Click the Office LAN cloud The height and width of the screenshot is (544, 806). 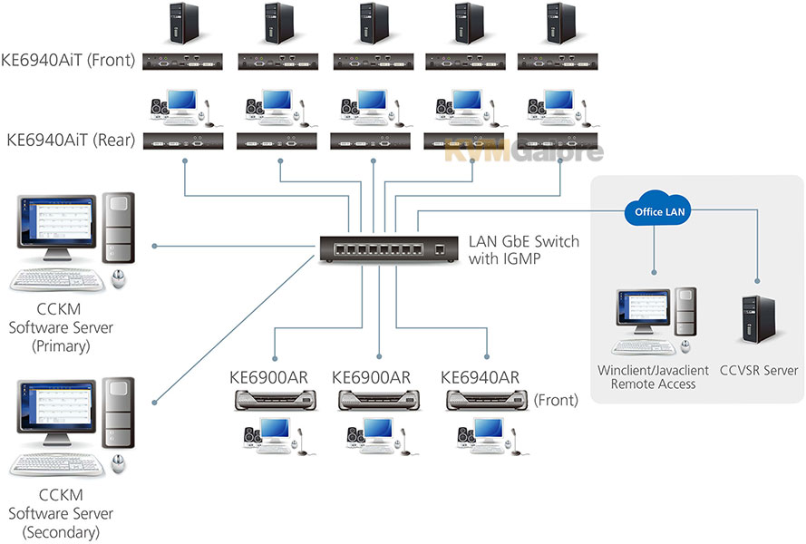point(659,209)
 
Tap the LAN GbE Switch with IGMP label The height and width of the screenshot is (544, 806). point(523,250)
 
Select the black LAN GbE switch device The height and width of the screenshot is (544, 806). point(389,250)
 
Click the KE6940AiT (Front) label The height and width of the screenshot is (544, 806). point(68,60)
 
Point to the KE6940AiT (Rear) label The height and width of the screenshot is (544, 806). point(71,140)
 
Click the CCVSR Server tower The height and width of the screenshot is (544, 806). point(759,320)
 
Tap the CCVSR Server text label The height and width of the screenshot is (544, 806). point(759,370)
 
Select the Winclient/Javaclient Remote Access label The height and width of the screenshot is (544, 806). point(653,377)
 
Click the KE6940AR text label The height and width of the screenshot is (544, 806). point(480,378)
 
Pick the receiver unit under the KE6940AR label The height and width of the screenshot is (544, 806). point(486,400)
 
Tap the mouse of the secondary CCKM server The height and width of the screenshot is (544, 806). point(119,464)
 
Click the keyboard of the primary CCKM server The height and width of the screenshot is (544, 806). point(58,281)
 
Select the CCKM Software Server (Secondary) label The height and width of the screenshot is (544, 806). point(61,513)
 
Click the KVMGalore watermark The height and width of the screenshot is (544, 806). point(523,151)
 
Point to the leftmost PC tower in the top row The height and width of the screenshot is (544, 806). point(183,24)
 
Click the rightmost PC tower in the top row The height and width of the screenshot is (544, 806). point(560,24)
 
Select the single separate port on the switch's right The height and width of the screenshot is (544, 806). point(440,250)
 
